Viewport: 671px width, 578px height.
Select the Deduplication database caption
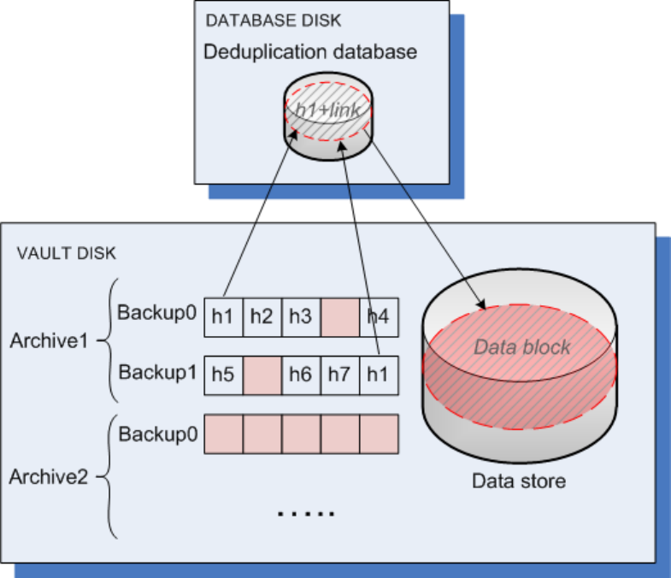[x=309, y=52]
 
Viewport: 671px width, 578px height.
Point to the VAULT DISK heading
[x=67, y=254]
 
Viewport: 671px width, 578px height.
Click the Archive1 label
[x=49, y=340]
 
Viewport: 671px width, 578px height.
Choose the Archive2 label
[x=49, y=476]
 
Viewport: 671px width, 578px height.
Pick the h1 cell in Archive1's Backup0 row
[x=223, y=316]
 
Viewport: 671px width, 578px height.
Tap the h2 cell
[x=262, y=316]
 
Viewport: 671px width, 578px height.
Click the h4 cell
[x=379, y=316]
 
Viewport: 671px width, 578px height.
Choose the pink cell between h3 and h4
[x=339, y=316]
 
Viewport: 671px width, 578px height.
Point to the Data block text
[x=521, y=348]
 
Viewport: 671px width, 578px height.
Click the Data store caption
[x=519, y=481]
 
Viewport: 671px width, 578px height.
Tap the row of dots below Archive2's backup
[x=306, y=514]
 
